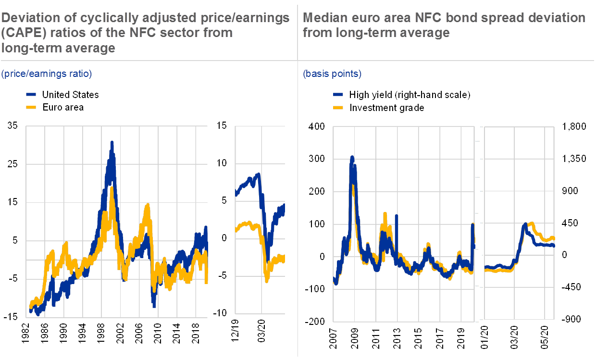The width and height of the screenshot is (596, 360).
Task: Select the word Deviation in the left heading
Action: tap(26, 18)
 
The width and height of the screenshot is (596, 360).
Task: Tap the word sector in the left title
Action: tap(164, 33)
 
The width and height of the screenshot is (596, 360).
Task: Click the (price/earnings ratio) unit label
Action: tap(46, 74)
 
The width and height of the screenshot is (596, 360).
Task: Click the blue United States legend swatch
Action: tap(30, 95)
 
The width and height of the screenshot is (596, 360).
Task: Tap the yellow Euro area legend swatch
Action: tap(30, 108)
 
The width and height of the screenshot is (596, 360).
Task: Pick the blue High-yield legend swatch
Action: tap(338, 95)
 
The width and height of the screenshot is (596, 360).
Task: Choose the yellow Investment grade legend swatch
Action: tap(338, 108)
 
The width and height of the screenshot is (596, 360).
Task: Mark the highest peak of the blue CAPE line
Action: tap(112, 142)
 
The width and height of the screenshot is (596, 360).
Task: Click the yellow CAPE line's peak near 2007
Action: tap(147, 205)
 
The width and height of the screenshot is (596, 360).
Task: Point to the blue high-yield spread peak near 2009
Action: tap(352, 157)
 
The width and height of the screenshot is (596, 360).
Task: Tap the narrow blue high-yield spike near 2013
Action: tap(397, 216)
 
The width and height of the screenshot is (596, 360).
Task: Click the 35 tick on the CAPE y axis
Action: tap(13, 126)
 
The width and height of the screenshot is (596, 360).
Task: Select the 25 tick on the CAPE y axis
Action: tap(13, 164)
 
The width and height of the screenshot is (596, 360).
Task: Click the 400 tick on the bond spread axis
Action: tap(316, 126)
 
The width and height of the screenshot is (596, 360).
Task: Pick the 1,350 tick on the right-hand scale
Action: tap(576, 159)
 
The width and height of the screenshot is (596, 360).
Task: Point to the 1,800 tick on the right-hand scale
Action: tap(576, 126)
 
